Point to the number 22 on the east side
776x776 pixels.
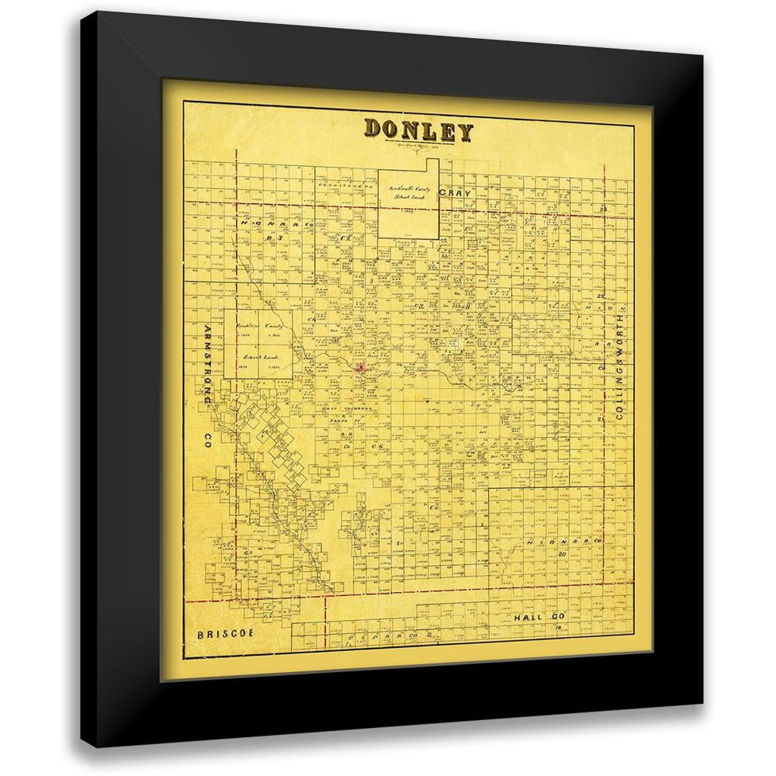pos(600,296)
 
